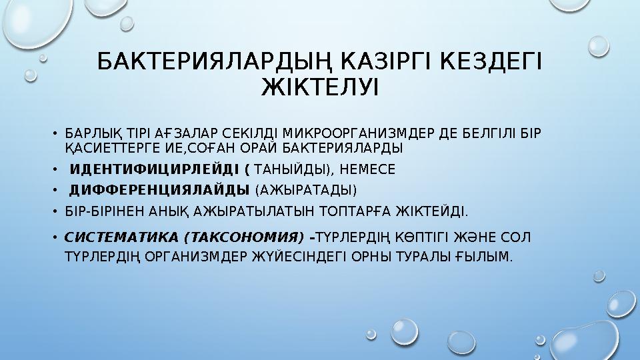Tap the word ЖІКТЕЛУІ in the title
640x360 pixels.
click(x=320, y=87)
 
